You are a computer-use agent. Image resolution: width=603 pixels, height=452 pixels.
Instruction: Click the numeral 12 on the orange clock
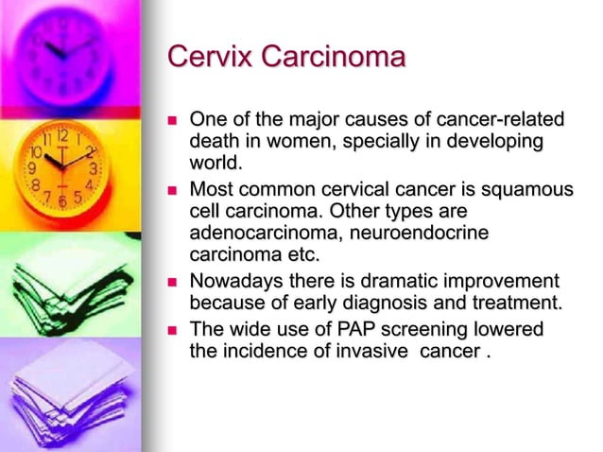tap(62, 135)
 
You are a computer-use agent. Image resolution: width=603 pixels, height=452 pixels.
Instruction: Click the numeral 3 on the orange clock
tap(93, 168)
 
